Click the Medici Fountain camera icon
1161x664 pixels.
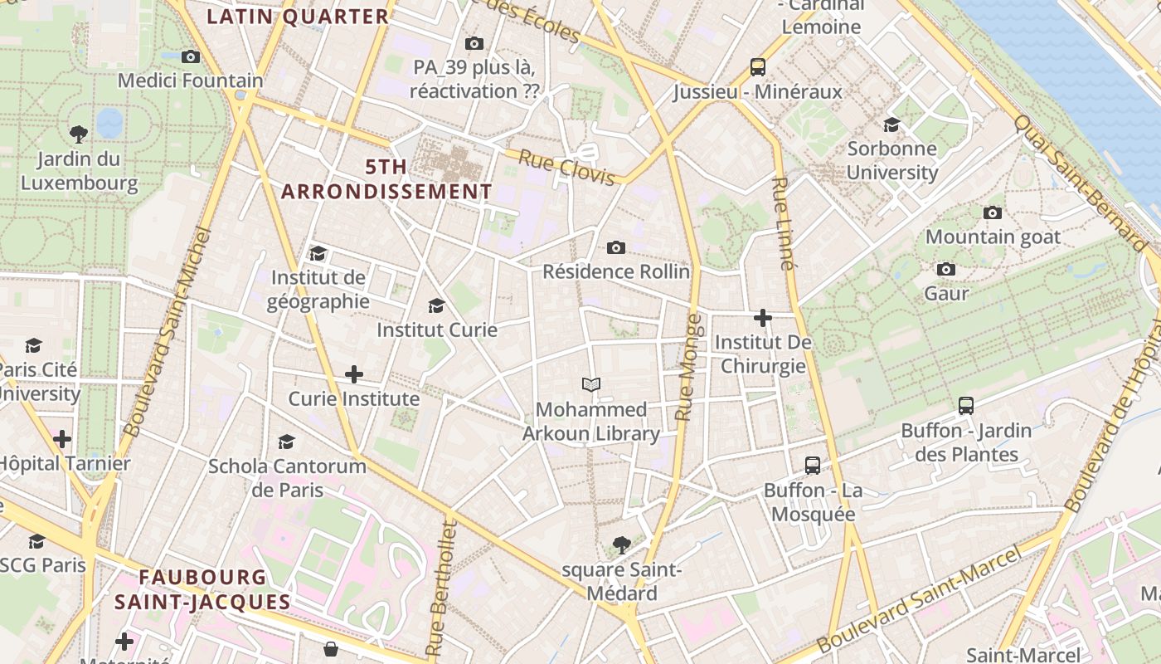click(191, 57)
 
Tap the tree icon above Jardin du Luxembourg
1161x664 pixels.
click(79, 133)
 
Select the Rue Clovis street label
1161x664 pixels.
click(566, 167)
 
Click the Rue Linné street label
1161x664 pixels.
click(783, 223)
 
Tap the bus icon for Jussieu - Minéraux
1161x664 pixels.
click(757, 67)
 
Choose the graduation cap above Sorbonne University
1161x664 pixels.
click(891, 124)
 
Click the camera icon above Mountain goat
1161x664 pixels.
click(992, 213)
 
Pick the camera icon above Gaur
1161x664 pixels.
click(945, 270)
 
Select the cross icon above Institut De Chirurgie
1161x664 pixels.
click(762, 318)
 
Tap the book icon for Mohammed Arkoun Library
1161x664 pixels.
click(590, 385)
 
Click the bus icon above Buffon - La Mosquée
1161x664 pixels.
click(812, 466)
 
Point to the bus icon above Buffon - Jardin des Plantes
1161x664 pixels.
click(965, 406)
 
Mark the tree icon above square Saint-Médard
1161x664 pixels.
click(620, 545)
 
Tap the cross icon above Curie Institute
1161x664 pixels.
click(354, 374)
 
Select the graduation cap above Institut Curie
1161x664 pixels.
click(436, 306)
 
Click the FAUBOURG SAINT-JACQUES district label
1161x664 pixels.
click(203, 589)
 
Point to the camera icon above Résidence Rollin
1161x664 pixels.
click(615, 247)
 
